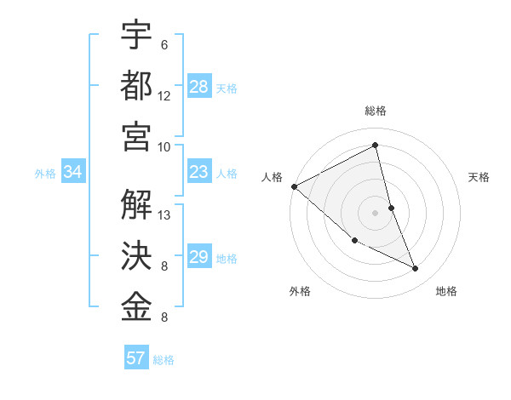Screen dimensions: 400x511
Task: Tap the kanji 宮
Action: pos(136,135)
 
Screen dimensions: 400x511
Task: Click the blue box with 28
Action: pos(199,86)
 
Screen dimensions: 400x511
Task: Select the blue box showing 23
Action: pos(199,173)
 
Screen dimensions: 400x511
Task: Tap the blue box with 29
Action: pos(199,257)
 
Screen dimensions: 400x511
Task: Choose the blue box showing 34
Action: pos(73,173)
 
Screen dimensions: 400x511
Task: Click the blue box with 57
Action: pos(136,358)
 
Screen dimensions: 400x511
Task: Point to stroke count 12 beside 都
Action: pos(164,96)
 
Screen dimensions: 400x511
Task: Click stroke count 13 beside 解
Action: pos(164,214)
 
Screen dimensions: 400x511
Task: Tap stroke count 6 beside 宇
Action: pos(164,44)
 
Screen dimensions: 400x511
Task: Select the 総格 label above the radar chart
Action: pos(376,111)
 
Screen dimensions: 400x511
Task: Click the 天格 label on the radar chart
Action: pos(479,177)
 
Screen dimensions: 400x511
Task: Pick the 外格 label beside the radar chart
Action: pos(300,291)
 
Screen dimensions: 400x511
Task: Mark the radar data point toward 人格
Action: pos(294,186)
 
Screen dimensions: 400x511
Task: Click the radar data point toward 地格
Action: pos(415,268)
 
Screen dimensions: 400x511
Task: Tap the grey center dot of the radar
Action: pos(375,213)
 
